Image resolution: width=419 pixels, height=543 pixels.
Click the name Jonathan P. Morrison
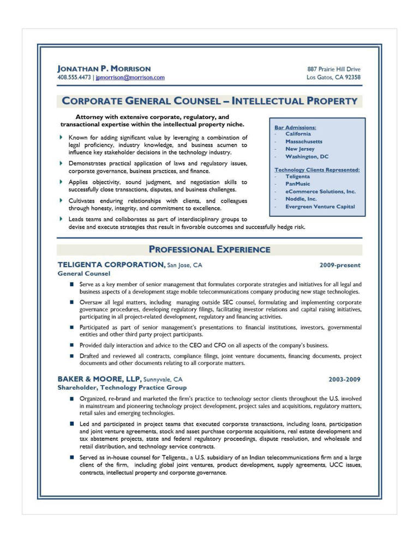coord(104,69)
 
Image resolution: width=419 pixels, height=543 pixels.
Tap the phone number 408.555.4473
coord(74,78)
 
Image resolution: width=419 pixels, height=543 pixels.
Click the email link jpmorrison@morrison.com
coord(130,78)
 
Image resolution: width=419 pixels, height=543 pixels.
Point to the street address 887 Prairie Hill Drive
coord(334,69)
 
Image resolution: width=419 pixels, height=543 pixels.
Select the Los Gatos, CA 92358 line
coord(333,78)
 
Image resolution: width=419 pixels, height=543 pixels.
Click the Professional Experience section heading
coord(209,250)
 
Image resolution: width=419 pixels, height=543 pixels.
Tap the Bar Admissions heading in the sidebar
coord(295,127)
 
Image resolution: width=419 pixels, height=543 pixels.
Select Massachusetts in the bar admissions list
coord(303,141)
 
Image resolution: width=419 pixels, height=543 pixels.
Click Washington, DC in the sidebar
coord(307,157)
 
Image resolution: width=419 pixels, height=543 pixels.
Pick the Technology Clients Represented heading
coord(317,170)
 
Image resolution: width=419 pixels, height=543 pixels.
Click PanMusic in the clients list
coord(297,184)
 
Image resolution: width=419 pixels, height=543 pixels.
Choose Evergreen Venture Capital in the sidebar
coord(320,206)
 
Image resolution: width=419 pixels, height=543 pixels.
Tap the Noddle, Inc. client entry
coord(301,199)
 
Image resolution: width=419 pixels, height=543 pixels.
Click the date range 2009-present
coord(340,265)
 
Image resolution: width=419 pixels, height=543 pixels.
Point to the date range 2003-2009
coord(344,379)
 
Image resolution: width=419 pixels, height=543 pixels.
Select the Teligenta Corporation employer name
coord(111,265)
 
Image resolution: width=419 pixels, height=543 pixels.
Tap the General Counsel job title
coord(84,273)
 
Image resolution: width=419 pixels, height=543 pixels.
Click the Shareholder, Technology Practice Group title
coord(122,387)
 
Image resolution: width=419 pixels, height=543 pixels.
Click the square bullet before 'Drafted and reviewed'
coord(71,356)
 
